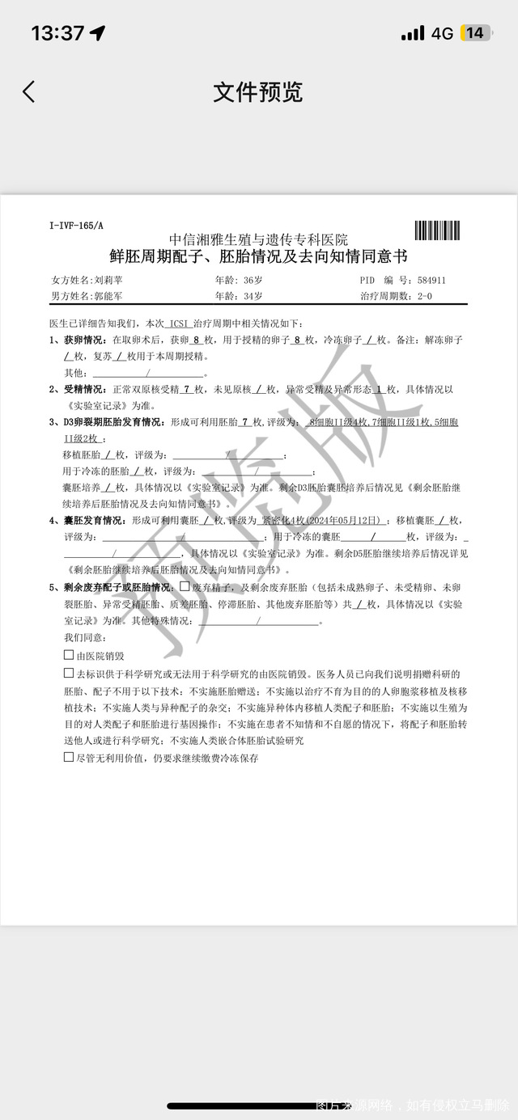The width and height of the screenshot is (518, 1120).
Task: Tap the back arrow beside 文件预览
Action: click(29, 91)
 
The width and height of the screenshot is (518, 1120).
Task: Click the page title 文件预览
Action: click(258, 91)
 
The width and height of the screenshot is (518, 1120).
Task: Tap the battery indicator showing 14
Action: click(474, 33)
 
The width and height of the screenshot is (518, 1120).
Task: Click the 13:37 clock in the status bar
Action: click(57, 33)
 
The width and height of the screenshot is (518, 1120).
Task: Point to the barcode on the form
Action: click(441, 230)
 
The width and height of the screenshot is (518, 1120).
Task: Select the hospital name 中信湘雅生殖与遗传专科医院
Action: click(258, 239)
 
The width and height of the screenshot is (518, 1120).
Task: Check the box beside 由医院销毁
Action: click(69, 655)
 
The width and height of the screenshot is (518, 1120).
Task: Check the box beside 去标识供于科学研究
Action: click(69, 673)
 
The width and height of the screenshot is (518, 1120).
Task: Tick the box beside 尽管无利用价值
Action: click(69, 757)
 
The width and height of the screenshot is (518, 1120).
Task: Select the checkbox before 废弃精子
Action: click(185, 586)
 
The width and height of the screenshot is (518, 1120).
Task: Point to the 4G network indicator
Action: click(442, 33)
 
